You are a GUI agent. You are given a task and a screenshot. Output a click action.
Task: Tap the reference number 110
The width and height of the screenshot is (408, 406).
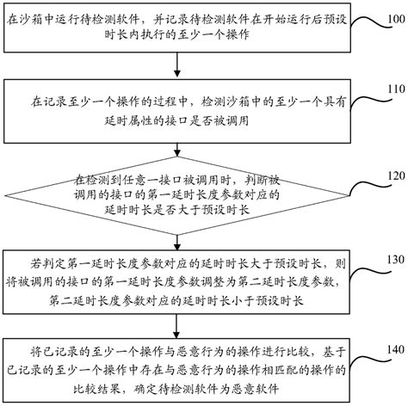coord(394,89)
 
